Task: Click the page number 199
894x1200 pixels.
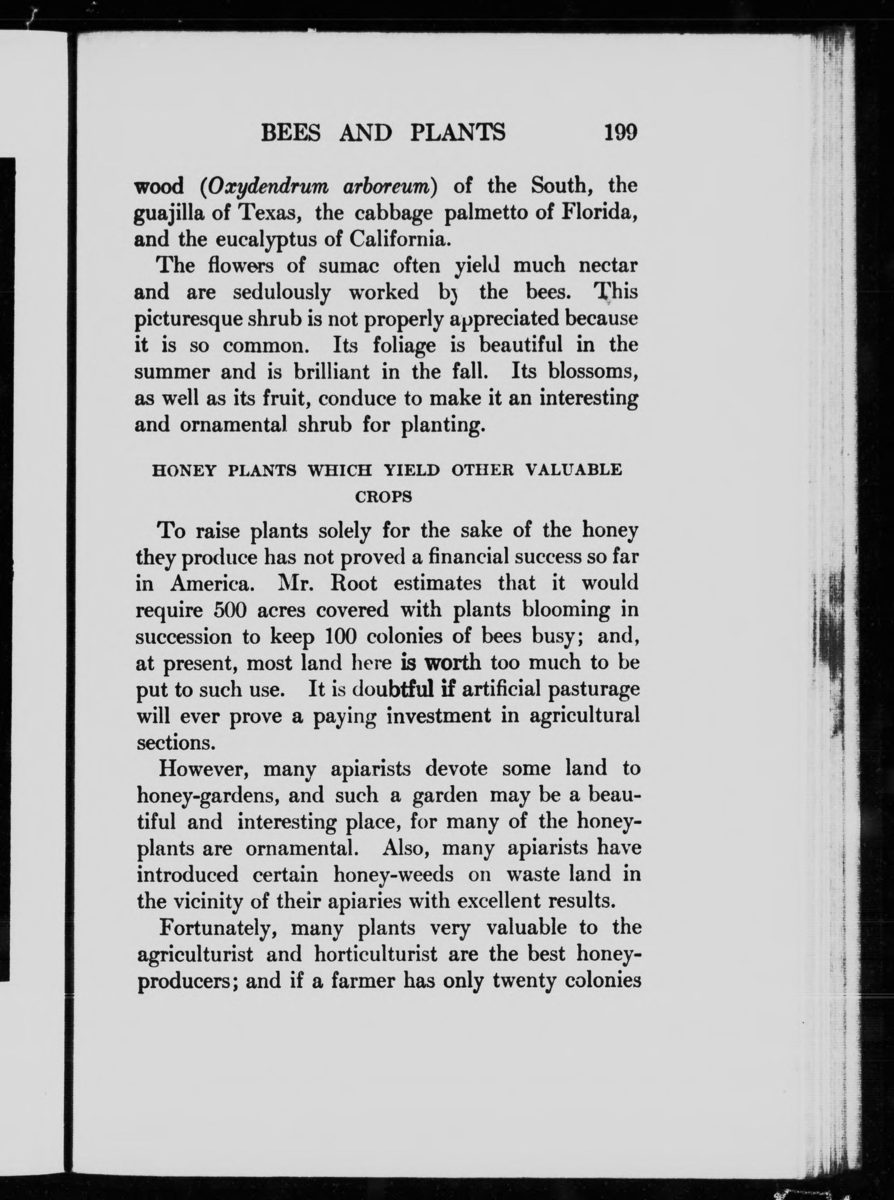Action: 621,132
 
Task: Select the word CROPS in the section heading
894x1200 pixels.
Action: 384,497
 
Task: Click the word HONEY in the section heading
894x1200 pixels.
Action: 184,470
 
